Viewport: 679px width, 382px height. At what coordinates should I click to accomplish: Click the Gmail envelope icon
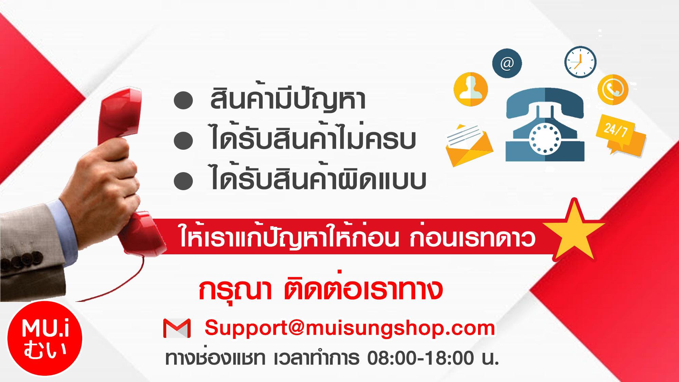(177, 328)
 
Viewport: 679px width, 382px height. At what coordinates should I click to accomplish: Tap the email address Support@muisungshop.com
(350, 328)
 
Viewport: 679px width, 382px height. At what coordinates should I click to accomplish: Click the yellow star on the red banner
(574, 230)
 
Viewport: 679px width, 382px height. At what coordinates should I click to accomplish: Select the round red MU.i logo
(45, 338)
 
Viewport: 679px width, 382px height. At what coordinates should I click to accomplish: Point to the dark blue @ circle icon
(507, 63)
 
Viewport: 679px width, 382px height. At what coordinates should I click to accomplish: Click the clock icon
(580, 62)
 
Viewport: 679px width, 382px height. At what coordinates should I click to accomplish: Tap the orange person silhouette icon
(471, 89)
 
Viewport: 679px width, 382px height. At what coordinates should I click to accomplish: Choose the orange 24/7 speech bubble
(621, 135)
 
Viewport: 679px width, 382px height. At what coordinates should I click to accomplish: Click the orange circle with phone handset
(613, 90)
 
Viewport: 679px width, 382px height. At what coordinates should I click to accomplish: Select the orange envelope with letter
(469, 145)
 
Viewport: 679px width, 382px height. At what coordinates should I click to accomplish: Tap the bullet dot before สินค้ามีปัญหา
(183, 101)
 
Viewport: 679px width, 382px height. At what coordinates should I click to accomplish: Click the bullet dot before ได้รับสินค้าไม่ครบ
(183, 141)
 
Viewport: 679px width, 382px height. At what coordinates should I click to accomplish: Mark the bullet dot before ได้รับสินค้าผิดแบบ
(183, 181)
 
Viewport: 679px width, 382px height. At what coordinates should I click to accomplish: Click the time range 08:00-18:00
(421, 358)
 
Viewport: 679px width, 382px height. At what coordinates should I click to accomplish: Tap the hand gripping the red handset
(104, 190)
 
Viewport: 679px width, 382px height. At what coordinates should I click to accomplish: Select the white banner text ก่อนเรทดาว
(472, 238)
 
